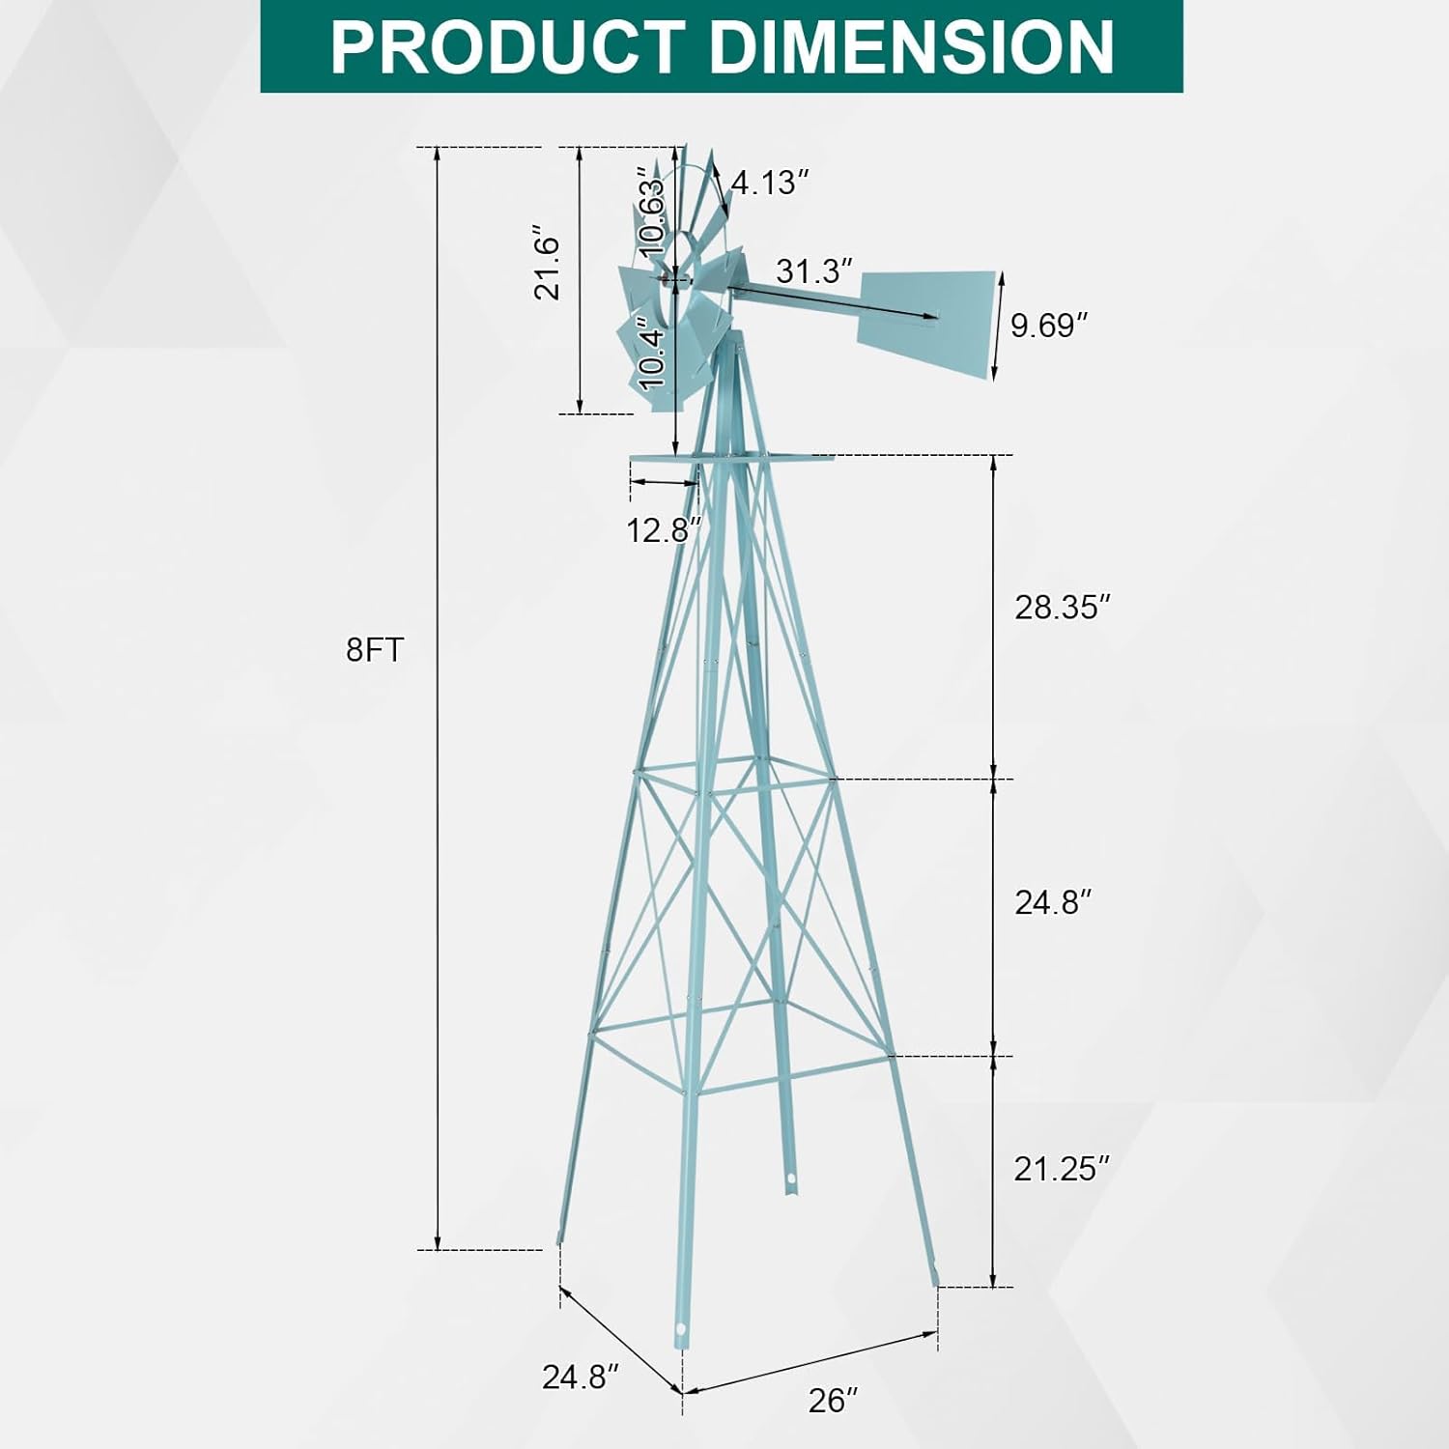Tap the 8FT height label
[374, 650]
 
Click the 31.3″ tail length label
[815, 270]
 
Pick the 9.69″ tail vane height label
[1056, 326]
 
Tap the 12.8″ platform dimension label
[663, 530]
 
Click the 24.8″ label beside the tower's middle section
[1054, 902]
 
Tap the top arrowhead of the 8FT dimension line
[438, 153]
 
